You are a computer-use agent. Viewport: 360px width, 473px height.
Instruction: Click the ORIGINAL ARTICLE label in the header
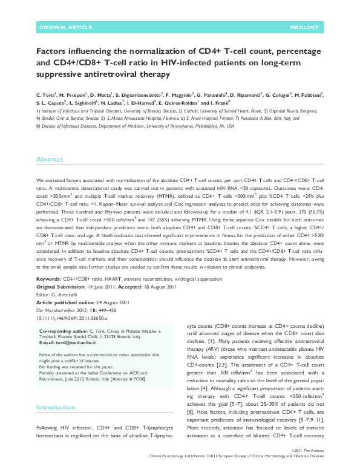pyautogui.click(x=62, y=27)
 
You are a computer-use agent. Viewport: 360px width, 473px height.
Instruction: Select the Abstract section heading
pyautogui.click(x=50, y=160)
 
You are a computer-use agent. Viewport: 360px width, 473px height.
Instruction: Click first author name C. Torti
pyautogui.click(x=47, y=95)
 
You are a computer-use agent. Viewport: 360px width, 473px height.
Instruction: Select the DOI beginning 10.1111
pyautogui.click(x=73, y=316)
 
